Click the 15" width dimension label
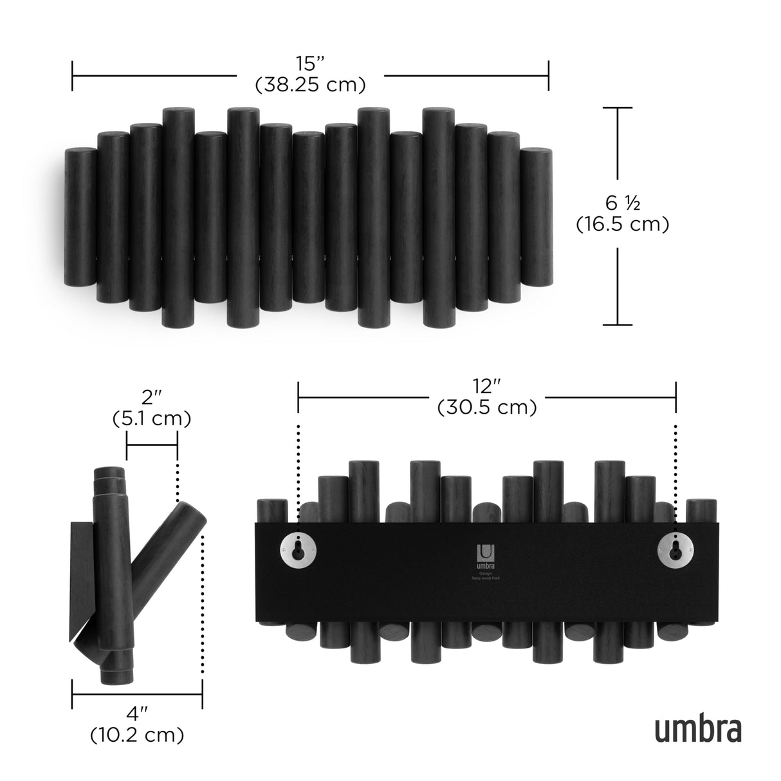tap(310, 64)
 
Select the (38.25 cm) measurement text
tap(310, 84)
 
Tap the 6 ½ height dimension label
tap(622, 204)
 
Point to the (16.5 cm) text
tap(622, 224)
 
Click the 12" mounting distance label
tap(487, 387)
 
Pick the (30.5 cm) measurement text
tap(487, 407)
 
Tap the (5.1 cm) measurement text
tap(151, 419)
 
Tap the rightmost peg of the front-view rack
tap(536, 217)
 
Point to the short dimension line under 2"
tap(152, 445)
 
